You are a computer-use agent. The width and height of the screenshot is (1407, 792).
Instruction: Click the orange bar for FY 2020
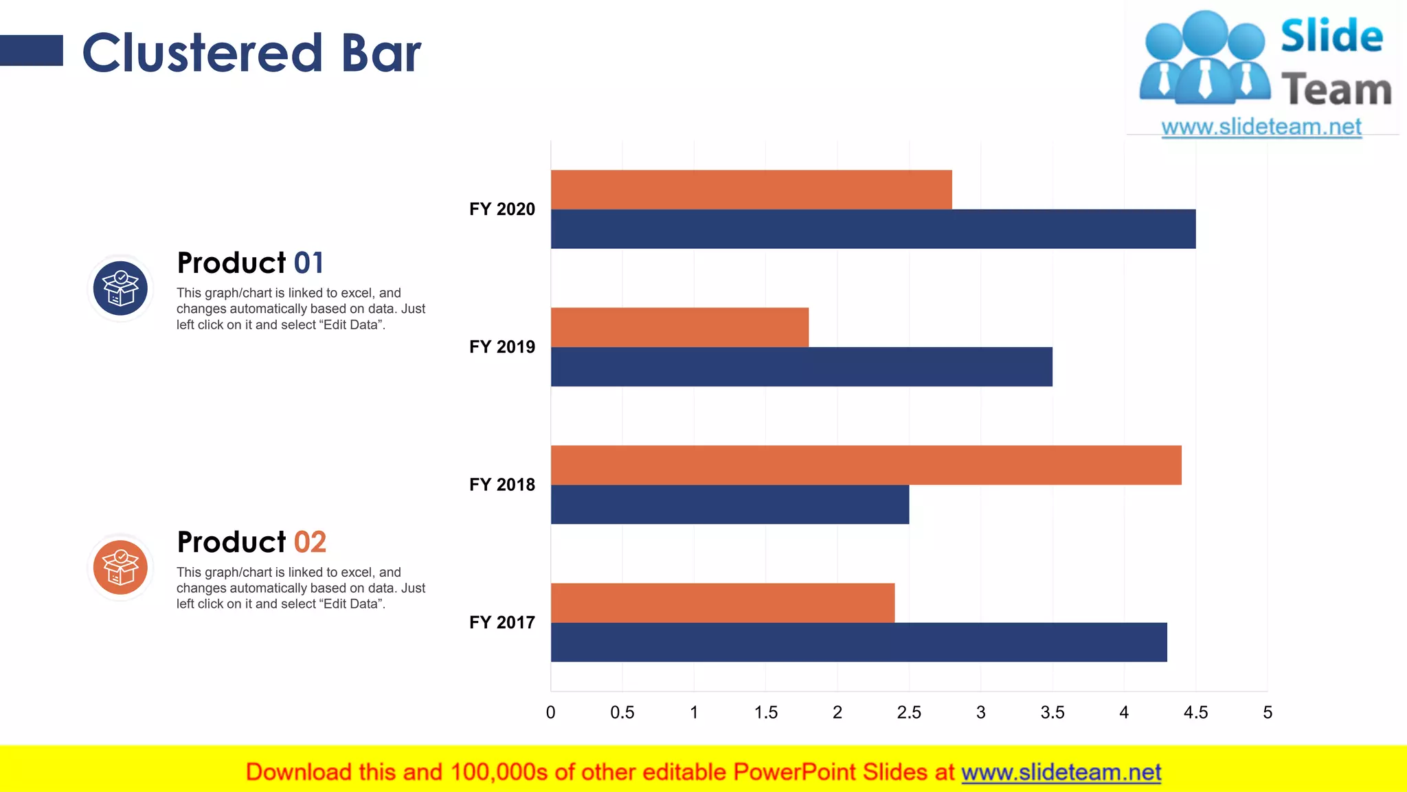[751, 190]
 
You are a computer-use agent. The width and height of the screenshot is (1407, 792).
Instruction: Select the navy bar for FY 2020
[873, 229]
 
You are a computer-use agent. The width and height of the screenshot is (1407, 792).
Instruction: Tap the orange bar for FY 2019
[679, 327]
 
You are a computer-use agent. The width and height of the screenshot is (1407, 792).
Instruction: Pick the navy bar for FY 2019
[801, 366]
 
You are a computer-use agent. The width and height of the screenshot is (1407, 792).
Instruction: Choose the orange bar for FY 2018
[866, 465]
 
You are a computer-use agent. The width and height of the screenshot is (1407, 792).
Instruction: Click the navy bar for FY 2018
[730, 505]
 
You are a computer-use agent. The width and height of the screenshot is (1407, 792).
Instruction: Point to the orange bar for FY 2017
[723, 603]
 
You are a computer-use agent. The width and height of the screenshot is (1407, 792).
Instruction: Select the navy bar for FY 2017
[859, 642]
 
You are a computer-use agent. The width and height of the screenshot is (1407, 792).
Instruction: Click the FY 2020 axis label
[502, 209]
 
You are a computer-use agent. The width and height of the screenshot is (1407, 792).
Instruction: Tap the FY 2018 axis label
[502, 485]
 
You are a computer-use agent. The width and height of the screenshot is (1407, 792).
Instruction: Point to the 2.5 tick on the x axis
[909, 712]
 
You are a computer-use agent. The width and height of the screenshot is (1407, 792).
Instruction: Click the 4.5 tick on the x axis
[1195, 712]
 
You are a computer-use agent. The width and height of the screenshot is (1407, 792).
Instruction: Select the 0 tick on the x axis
[550, 712]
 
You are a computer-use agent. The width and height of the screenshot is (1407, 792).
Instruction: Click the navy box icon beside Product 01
[120, 288]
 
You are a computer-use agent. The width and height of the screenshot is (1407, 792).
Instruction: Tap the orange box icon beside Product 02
[120, 567]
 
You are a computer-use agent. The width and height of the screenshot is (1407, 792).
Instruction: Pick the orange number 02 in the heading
[310, 542]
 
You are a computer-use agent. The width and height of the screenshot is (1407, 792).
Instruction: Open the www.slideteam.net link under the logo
[1261, 126]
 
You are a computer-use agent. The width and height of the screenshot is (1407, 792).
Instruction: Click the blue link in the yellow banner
[1061, 772]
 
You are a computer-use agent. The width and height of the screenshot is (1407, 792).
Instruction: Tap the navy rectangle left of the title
[32, 51]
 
